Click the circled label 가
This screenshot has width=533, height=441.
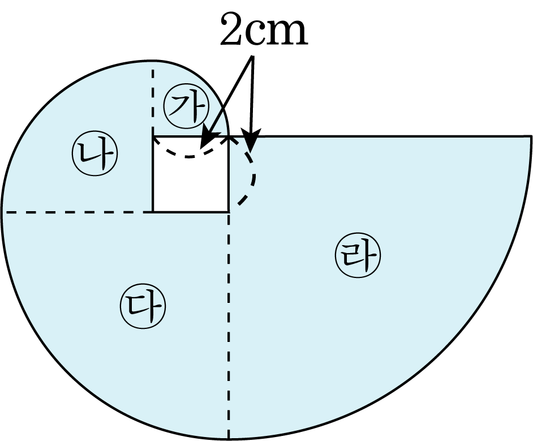click(x=186, y=106)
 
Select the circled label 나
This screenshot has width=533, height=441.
click(x=94, y=155)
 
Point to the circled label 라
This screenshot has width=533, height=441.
click(x=358, y=256)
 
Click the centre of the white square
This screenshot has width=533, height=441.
click(x=191, y=174)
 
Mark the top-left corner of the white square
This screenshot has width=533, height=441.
click(x=153, y=137)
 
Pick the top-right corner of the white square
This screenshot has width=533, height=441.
click(x=229, y=137)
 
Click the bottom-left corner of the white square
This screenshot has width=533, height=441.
click(x=153, y=212)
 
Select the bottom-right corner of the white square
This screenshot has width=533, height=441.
click(x=229, y=212)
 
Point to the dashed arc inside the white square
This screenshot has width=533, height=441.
click(x=188, y=155)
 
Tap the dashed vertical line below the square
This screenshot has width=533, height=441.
click(x=229, y=323)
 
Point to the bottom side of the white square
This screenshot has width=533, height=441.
click(x=191, y=212)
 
